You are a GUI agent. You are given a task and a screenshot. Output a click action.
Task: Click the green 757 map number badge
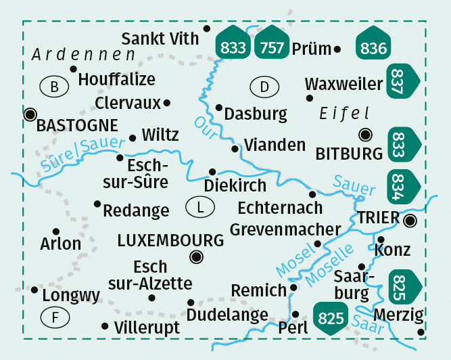[271, 45]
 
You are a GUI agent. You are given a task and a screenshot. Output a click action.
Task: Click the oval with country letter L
[199, 207]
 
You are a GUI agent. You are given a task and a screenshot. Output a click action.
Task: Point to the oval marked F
[54, 316]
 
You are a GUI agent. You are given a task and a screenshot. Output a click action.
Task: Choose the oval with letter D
[264, 87]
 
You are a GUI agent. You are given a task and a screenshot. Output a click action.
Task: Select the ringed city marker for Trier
[410, 221]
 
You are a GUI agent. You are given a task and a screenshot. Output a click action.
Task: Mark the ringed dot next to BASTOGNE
[30, 114]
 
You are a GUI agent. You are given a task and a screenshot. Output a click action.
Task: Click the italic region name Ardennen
[82, 54]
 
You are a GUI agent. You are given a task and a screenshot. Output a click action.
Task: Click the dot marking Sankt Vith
[207, 28]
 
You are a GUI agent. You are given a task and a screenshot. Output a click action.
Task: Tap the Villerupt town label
[147, 328]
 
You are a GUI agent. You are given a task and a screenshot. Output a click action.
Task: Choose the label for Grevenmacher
[285, 229]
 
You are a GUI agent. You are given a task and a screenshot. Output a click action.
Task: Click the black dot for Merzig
[421, 332]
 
